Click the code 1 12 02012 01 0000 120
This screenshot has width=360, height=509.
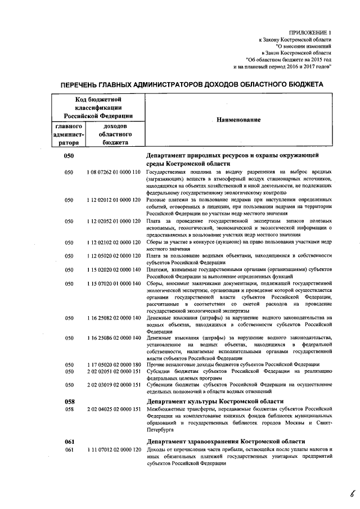(114, 199)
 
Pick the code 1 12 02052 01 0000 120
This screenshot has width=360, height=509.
(114, 221)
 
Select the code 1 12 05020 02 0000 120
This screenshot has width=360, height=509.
(114, 256)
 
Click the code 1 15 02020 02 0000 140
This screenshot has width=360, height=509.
(114, 270)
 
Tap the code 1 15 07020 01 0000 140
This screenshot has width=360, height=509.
(114, 283)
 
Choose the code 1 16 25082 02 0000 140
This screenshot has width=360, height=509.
(114, 318)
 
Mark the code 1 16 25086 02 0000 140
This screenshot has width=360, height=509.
(114, 337)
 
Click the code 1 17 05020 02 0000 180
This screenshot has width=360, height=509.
(114, 364)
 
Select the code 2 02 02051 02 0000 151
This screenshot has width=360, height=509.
(114, 371)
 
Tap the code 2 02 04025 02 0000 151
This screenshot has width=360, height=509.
(114, 409)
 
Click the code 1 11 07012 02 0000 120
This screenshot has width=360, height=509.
(114, 450)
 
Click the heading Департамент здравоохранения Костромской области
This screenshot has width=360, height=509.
(226, 442)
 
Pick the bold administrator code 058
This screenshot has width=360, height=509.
(70, 401)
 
